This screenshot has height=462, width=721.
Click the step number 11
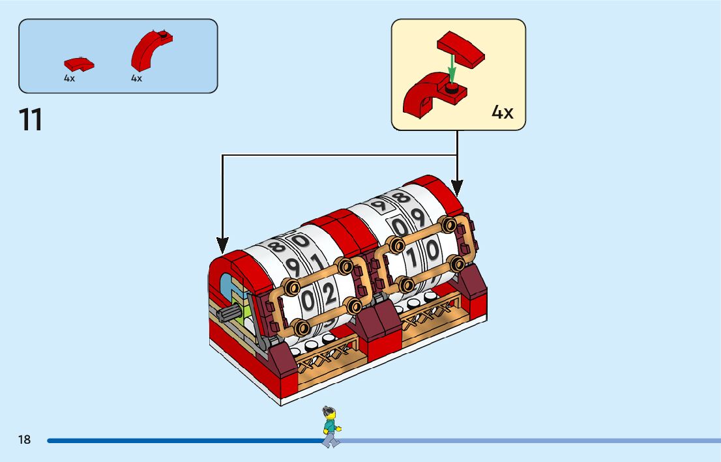coord(31,120)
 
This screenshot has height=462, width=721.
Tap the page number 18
coord(25,440)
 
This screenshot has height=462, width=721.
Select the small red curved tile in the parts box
coord(79,64)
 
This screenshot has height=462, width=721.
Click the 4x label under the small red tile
coord(69,78)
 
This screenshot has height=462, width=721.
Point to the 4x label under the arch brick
coord(136,78)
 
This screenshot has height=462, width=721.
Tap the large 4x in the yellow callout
coord(502,112)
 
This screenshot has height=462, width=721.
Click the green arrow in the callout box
coord(450,69)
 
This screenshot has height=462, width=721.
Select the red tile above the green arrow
coord(461,49)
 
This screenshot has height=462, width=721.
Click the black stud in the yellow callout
coord(450,86)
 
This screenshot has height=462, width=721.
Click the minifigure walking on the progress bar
coord(331,427)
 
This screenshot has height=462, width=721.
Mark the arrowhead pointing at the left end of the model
coord(223,248)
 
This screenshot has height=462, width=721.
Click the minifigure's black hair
coord(327,411)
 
